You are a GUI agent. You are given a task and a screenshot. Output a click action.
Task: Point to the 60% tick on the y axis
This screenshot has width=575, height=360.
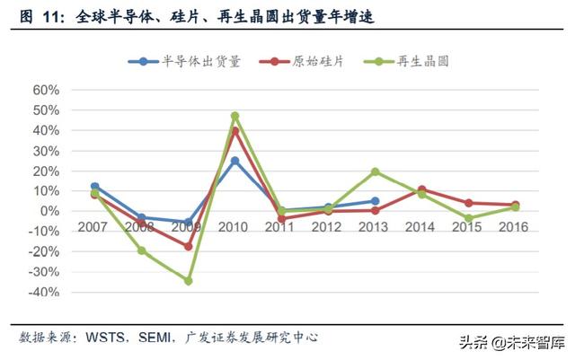(x=45, y=91)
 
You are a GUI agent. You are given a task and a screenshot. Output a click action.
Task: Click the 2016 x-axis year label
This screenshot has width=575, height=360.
(x=514, y=226)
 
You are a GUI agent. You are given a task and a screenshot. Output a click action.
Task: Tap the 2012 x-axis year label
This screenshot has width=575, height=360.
(x=328, y=226)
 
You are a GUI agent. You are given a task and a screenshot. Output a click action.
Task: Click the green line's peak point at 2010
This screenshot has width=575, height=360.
(x=235, y=116)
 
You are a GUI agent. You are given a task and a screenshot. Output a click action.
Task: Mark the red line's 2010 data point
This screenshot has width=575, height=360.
(x=235, y=131)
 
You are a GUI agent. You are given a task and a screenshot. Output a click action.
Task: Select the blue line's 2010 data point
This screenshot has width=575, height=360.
(x=235, y=161)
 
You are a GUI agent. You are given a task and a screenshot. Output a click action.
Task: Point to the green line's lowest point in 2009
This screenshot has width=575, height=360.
(x=189, y=281)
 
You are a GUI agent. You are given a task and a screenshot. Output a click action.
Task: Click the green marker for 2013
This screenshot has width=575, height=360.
(x=375, y=171)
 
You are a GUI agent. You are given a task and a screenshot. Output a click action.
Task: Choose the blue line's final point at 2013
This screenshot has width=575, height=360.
(x=375, y=201)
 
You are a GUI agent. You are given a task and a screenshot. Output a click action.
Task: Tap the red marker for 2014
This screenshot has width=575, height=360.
(x=421, y=189)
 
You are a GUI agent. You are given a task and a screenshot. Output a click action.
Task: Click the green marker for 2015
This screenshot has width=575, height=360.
(x=468, y=218)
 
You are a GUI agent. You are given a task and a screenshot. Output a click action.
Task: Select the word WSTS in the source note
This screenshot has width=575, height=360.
(x=105, y=338)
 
